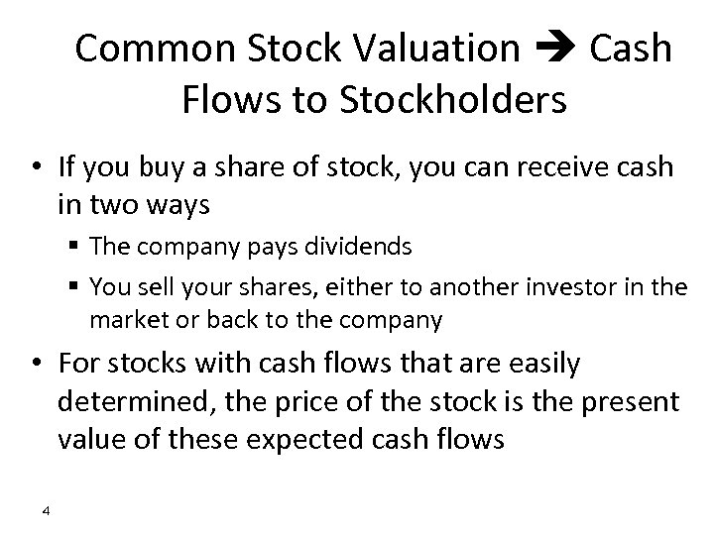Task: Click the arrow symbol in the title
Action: [555, 49]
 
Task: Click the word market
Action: [124, 320]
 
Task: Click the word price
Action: [298, 402]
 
